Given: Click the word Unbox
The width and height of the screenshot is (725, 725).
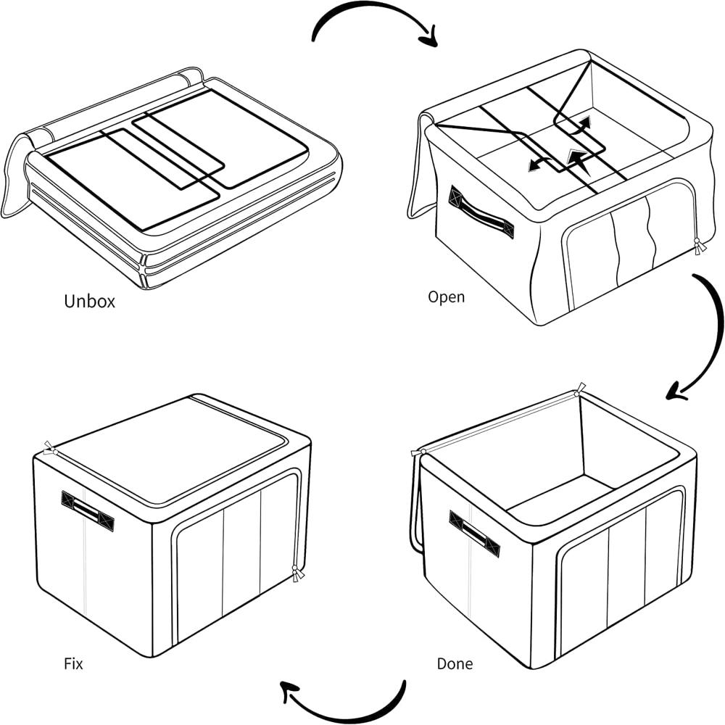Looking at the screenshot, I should (x=89, y=301).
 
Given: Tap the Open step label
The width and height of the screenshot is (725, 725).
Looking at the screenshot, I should (x=446, y=297).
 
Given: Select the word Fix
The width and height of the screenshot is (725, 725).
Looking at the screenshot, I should (x=73, y=663).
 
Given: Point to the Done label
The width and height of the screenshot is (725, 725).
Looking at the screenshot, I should (x=455, y=663).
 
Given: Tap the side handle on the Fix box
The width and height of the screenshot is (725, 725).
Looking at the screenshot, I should (x=88, y=510).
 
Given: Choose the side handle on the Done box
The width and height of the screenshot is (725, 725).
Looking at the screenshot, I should (x=474, y=534).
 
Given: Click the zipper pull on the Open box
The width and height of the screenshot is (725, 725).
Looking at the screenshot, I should (x=699, y=245).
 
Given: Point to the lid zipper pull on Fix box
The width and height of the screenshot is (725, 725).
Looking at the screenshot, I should (x=49, y=449).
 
